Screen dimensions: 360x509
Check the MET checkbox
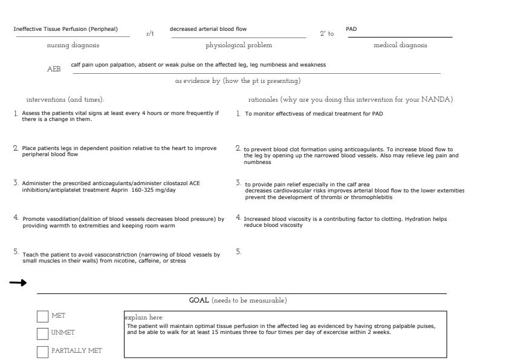[x=43, y=316]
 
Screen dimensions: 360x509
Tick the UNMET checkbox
[x=43, y=333]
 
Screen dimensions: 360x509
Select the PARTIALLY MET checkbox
[x=43, y=352]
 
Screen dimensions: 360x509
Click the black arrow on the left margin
[x=18, y=283]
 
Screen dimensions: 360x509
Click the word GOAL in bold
[x=199, y=301]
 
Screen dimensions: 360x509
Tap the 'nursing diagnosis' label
[x=73, y=45]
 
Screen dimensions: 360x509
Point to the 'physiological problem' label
[x=239, y=45]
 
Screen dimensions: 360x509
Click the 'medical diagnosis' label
[x=400, y=45]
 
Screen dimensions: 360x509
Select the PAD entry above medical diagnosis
[x=351, y=29]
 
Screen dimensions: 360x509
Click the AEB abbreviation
[x=54, y=69]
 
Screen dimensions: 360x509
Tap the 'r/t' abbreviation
[x=150, y=34]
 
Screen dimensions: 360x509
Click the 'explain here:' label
[x=144, y=318]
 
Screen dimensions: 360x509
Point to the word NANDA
[x=437, y=99]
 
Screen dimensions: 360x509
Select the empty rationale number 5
[x=238, y=252]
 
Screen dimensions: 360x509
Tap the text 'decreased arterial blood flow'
[x=208, y=29]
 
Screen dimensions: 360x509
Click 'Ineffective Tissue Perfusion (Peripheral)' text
[x=66, y=29]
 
